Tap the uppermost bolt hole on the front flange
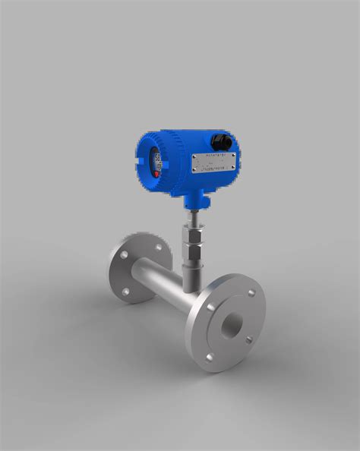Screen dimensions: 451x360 (x=250, y=292)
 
